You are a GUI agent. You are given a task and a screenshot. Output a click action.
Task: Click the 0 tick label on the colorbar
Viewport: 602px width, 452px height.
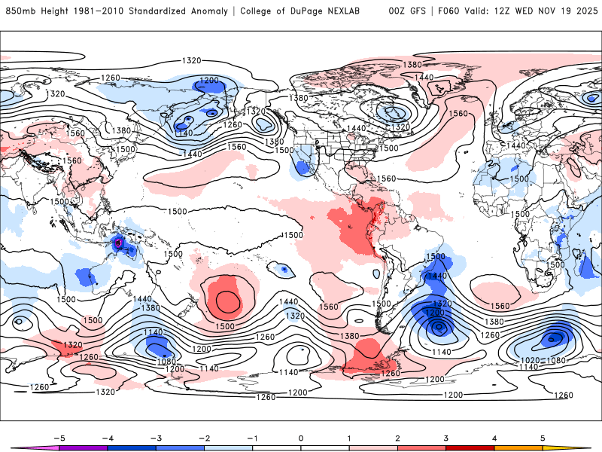301,438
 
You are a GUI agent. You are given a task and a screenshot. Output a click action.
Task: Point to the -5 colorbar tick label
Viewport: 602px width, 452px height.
57,438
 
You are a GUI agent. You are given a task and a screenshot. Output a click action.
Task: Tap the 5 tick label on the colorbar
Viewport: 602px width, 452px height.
543,438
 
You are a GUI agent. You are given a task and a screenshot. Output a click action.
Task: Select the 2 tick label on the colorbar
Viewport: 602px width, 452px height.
398,438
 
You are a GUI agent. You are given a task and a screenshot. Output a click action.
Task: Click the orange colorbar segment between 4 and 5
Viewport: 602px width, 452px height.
519,447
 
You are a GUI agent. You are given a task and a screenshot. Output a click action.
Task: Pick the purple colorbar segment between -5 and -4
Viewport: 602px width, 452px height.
83,447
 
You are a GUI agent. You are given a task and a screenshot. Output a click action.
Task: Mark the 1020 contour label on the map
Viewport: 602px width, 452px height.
531,361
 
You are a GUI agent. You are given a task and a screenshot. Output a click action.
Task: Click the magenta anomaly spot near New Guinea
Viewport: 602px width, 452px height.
118,243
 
